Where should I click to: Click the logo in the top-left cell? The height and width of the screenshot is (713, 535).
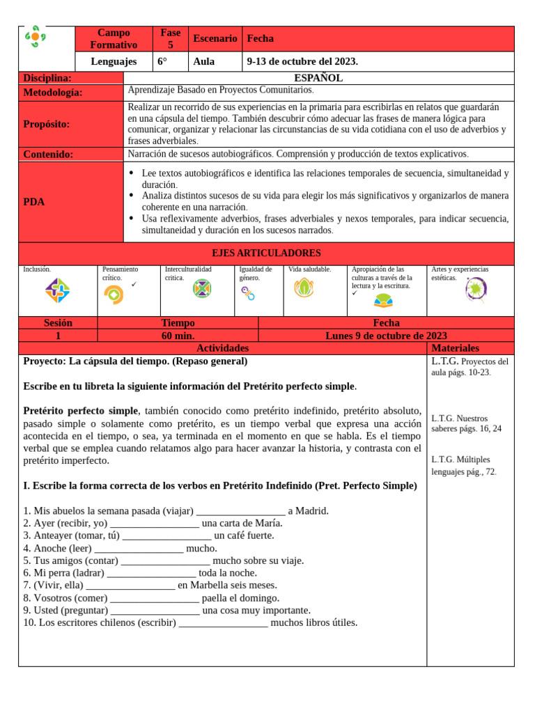35,37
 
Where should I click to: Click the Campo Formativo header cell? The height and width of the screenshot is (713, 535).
114,39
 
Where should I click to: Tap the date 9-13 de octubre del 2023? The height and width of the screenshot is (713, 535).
302,61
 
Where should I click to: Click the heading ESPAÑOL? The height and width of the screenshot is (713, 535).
318,78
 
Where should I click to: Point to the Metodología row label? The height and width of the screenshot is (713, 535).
53,92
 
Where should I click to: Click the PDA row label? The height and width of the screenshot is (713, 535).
34,202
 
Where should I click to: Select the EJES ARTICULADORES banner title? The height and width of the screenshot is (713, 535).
266,253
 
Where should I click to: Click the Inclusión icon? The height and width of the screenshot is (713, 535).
57,290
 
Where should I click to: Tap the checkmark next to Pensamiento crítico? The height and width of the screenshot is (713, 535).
134,284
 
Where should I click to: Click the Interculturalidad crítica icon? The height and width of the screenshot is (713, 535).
201,288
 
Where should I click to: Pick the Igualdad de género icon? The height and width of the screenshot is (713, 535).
248,293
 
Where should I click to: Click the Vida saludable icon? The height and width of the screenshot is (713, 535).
303,288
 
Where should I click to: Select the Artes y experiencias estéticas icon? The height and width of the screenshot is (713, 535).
476,289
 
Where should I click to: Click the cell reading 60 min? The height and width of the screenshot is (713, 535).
178,336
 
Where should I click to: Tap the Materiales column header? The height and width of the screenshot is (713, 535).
455,348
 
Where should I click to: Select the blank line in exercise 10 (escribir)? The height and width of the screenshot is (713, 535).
223,622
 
